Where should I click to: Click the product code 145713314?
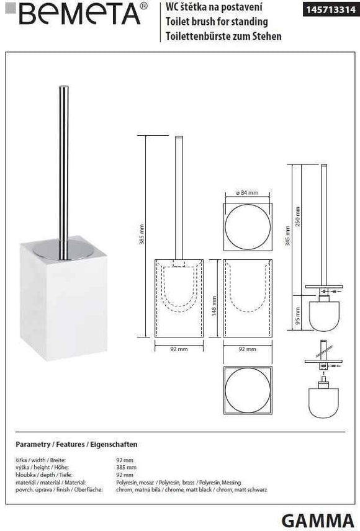(330, 9)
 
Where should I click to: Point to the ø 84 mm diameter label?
(248, 194)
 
